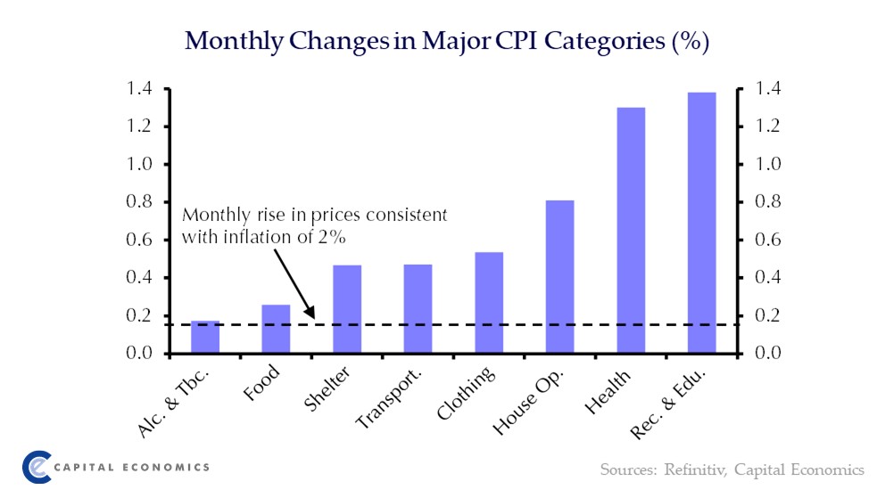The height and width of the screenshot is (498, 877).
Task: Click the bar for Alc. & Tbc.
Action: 205,338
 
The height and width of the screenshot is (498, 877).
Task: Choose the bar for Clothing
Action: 489,303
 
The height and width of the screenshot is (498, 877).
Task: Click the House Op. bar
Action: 559,277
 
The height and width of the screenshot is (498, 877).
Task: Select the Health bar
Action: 630,231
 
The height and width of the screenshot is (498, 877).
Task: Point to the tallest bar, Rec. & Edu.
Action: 701,223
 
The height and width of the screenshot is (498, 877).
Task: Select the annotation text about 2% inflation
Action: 313,226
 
